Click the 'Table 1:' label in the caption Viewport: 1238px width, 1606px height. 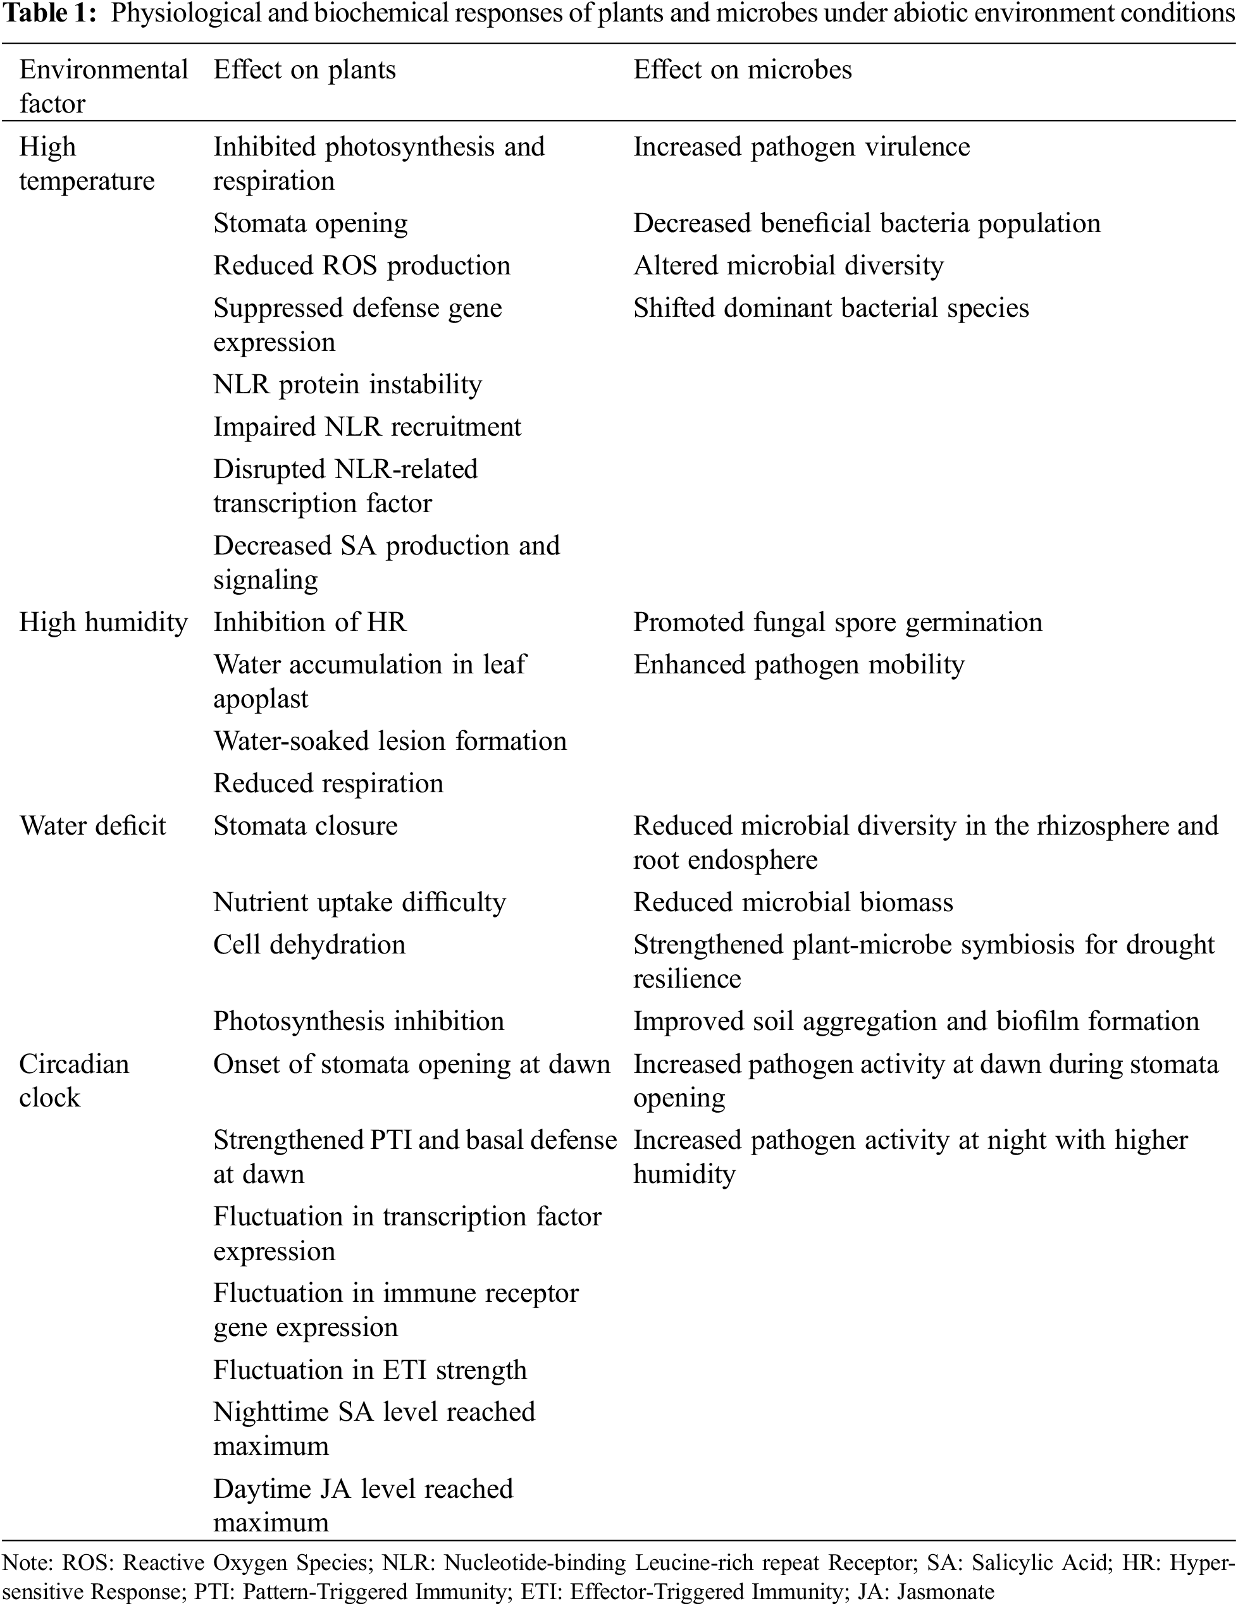51,14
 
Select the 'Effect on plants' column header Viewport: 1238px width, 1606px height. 304,70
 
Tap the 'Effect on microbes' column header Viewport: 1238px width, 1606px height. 742,70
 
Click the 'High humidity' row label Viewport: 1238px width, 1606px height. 103,622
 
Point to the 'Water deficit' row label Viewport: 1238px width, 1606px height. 93,826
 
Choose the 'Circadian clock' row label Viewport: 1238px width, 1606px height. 73,1080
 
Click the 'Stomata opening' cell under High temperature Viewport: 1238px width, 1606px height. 310,224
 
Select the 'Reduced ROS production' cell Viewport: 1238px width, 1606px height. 361,266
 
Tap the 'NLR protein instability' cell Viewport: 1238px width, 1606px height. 347,384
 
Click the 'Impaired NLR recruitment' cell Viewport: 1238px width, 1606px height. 367,427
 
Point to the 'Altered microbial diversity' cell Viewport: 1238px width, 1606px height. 788,266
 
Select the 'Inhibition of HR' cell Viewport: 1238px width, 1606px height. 310,622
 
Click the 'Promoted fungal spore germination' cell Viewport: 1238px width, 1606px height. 837,622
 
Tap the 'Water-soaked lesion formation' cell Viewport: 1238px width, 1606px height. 390,740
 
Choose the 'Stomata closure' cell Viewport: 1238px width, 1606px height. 306,826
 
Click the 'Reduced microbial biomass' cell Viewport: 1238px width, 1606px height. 793,902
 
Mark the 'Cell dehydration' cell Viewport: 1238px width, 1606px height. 309,944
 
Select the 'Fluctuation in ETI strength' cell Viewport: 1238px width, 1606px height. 370,1370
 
